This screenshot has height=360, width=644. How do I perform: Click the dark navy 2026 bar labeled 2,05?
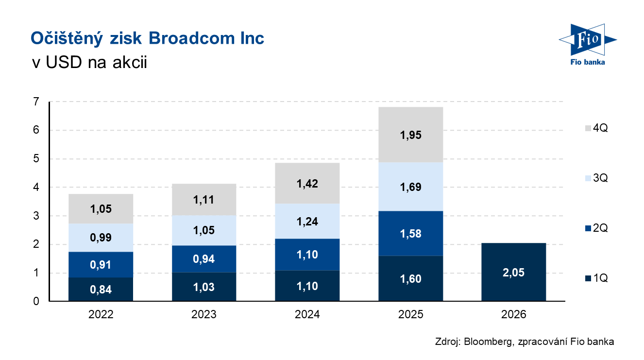pyautogui.click(x=513, y=272)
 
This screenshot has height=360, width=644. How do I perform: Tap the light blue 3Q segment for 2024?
pyautogui.click(x=307, y=221)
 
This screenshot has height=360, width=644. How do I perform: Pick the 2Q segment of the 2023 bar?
pyautogui.click(x=204, y=259)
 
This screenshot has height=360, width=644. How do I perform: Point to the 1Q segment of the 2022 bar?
pyautogui.click(x=101, y=290)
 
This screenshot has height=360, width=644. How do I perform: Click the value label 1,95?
pyautogui.click(x=410, y=136)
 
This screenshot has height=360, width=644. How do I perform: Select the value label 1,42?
pyautogui.click(x=307, y=184)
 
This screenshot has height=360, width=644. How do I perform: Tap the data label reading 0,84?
pyautogui.click(x=101, y=290)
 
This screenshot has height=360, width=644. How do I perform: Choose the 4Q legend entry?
pyautogui.click(x=593, y=129)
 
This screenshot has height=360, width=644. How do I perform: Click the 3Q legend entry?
pyautogui.click(x=593, y=178)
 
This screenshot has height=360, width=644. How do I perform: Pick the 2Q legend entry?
pyautogui.click(x=593, y=228)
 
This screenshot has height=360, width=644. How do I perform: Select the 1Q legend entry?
pyautogui.click(x=593, y=278)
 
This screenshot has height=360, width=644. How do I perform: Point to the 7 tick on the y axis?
pyautogui.click(x=36, y=102)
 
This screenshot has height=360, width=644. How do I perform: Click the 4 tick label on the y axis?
pyautogui.click(x=36, y=188)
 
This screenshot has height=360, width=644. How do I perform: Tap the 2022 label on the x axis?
pyautogui.click(x=101, y=315)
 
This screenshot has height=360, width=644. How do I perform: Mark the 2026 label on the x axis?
pyautogui.click(x=513, y=315)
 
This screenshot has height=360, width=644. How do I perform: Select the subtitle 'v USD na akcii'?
pyautogui.click(x=88, y=63)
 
